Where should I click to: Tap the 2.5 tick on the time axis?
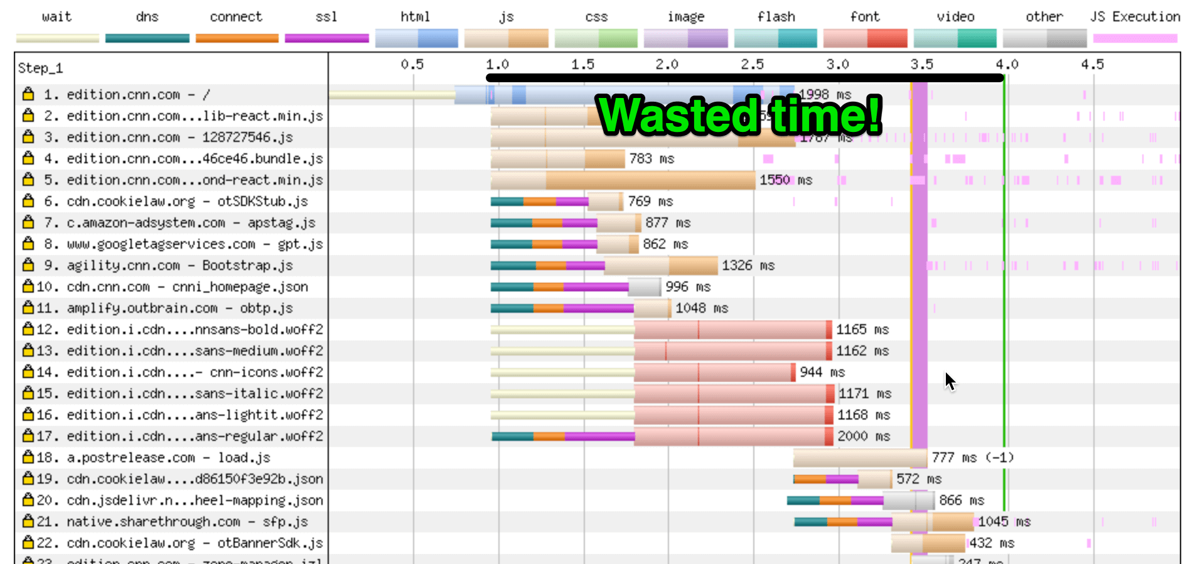click(x=752, y=64)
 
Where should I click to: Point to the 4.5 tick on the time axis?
click(x=1092, y=64)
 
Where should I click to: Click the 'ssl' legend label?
click(x=326, y=17)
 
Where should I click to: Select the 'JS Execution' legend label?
click(x=1135, y=17)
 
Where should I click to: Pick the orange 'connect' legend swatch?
click(x=237, y=38)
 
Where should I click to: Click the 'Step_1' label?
click(x=40, y=68)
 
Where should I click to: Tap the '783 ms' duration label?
click(x=651, y=159)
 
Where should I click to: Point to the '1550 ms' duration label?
click(x=786, y=180)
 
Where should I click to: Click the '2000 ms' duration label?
click(x=864, y=437)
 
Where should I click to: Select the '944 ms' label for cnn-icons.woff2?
click(x=822, y=372)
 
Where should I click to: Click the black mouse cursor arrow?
click(x=950, y=381)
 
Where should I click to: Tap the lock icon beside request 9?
click(x=28, y=265)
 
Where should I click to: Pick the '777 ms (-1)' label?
click(x=972, y=458)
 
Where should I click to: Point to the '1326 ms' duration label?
click(x=748, y=266)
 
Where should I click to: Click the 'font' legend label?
click(x=865, y=17)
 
